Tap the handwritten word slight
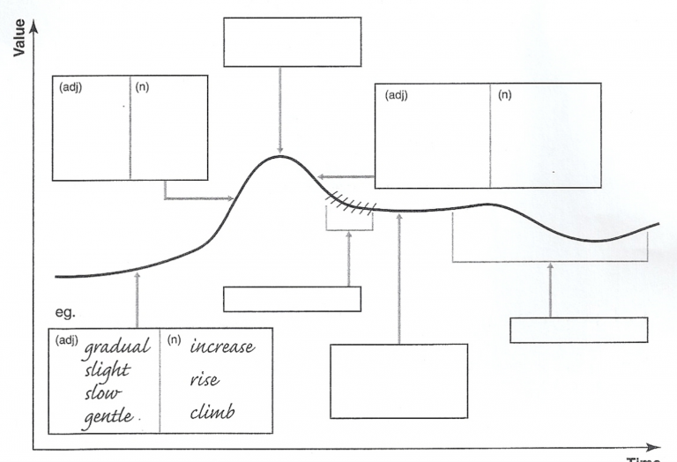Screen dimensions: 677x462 pos(107,371)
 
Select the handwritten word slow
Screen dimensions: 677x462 pos(103,393)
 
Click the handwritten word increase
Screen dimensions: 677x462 pos(222,346)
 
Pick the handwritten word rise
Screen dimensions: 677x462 pos(205,379)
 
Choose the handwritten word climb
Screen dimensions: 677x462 pos(212,412)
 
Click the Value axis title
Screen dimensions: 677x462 pos(19,38)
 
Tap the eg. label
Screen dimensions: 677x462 pos(65,312)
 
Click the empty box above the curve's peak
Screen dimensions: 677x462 pos(293,42)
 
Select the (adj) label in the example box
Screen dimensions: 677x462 pos(66,340)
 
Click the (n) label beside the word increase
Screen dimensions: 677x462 pos(174,339)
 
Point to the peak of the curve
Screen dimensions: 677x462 pos(279,156)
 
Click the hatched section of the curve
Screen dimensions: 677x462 pos(351,204)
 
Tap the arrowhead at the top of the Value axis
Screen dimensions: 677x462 pos(33,26)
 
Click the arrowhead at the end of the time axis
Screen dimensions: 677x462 pos(654,448)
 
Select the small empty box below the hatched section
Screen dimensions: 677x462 pos(292,299)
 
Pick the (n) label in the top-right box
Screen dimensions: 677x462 pos(505,95)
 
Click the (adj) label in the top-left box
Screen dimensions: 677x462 pos(71,87)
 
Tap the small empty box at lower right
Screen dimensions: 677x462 pos(578,331)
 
